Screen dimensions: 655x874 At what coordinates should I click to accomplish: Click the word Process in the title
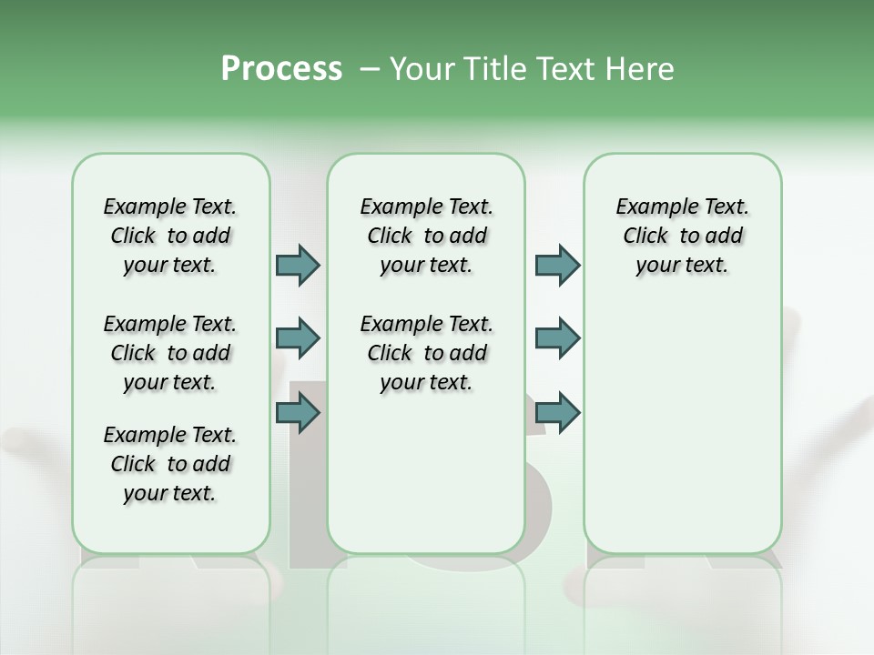(281, 69)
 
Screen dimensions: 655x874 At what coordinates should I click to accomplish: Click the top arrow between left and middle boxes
(298, 265)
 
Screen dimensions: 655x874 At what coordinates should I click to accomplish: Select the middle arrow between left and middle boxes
(298, 338)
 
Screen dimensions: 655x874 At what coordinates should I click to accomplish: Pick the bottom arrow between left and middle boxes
(298, 413)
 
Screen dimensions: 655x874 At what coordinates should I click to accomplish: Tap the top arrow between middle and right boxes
(557, 265)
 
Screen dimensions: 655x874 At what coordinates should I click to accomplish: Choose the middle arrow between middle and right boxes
(557, 338)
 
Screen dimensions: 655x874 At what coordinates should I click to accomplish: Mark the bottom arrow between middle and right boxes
(557, 413)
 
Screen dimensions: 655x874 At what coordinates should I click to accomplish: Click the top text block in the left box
(170, 236)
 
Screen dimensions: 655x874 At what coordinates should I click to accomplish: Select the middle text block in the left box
(170, 353)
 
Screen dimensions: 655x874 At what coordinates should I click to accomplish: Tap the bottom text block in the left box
(170, 464)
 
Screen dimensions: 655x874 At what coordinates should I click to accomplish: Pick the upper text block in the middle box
(426, 236)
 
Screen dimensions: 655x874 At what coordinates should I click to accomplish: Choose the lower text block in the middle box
(426, 353)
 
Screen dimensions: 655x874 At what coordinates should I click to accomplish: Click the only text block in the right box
(682, 236)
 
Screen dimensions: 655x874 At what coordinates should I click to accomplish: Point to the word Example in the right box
(650, 207)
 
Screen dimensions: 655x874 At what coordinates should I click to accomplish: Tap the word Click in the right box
(645, 237)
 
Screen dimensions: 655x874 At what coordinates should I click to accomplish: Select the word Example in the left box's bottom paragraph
(137, 436)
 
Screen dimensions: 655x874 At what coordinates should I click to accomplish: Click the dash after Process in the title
(369, 69)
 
